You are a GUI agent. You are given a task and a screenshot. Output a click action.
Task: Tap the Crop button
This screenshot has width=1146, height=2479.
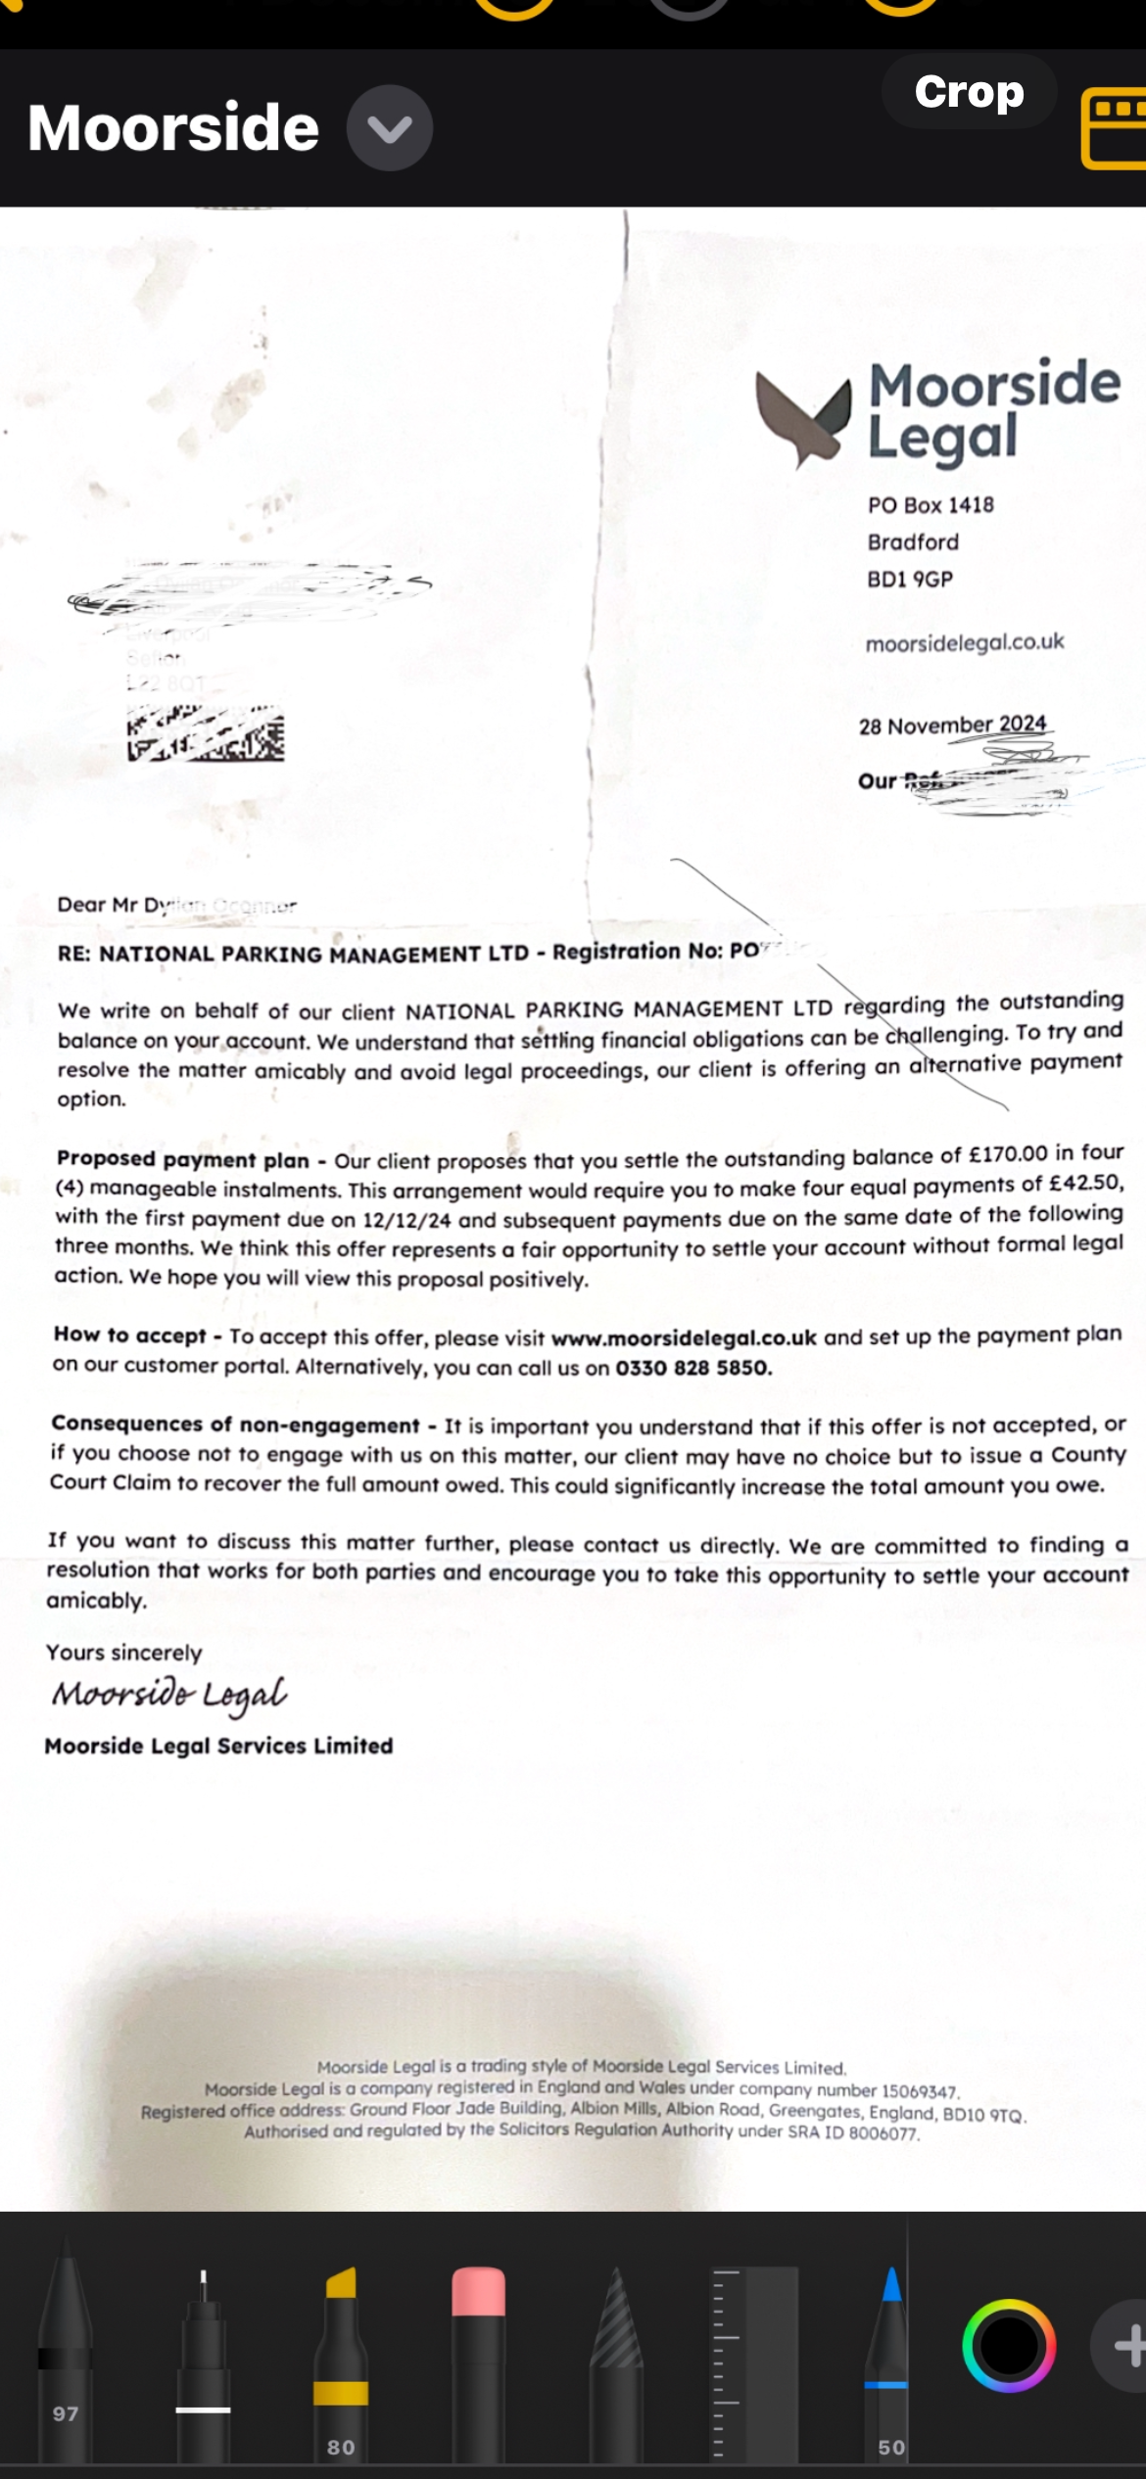tap(969, 92)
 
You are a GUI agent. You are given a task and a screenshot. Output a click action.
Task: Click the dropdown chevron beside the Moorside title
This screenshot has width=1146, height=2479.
tap(390, 128)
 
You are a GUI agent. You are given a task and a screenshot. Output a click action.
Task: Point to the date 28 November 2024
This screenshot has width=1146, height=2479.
tap(952, 725)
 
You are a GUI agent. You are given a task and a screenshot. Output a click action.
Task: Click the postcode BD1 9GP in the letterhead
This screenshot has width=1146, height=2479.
tap(910, 580)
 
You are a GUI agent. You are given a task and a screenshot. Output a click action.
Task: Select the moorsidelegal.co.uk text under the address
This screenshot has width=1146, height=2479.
tap(964, 642)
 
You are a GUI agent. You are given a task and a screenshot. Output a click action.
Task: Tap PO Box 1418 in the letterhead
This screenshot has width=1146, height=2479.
tap(931, 505)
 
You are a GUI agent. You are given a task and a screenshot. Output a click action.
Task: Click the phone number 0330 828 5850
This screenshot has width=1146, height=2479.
tap(692, 1368)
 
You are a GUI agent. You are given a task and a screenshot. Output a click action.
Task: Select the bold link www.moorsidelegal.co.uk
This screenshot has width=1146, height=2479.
tap(684, 1338)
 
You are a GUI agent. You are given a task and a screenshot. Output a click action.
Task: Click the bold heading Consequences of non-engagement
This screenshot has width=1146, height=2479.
tap(235, 1425)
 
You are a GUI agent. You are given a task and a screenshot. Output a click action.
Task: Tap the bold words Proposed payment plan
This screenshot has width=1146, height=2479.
tap(182, 1159)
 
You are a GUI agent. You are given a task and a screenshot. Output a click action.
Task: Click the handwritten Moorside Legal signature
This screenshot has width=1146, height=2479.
tap(168, 1694)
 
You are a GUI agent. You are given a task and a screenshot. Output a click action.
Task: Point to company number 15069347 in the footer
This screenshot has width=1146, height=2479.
tap(919, 2091)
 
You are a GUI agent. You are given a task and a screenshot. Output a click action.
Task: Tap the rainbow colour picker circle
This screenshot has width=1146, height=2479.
tap(1009, 2346)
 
